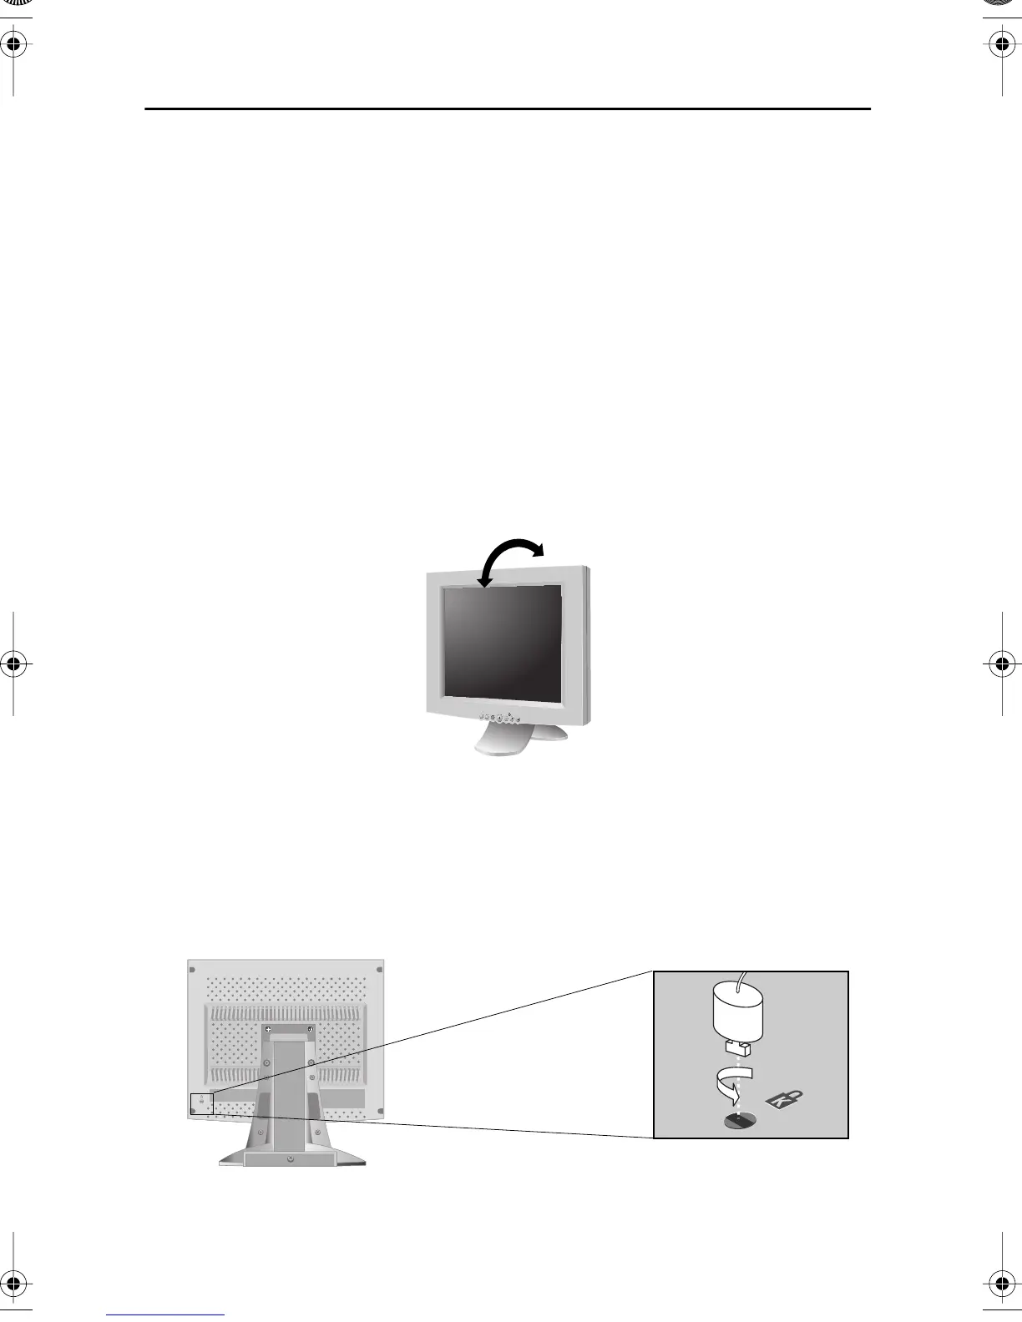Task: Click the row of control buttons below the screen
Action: (x=500, y=718)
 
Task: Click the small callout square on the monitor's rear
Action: (x=201, y=1103)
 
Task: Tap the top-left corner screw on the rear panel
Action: (x=193, y=970)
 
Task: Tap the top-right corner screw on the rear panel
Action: (x=379, y=970)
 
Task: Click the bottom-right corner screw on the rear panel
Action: (x=379, y=1111)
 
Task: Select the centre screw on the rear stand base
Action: (x=291, y=1159)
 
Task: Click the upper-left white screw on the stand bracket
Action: (x=268, y=1029)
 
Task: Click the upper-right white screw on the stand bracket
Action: (x=310, y=1029)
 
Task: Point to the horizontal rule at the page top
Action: (x=508, y=108)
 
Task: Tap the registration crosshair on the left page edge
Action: (x=14, y=664)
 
